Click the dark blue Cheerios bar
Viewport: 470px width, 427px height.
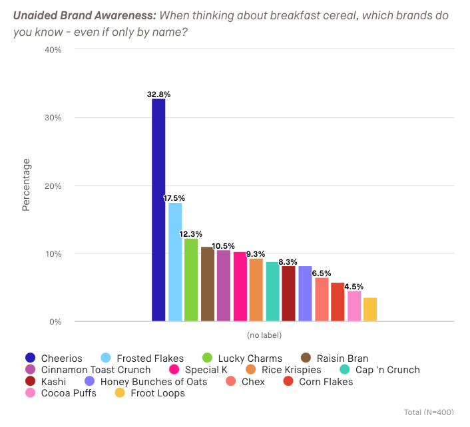[x=158, y=210]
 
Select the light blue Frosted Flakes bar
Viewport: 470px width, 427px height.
[x=175, y=262]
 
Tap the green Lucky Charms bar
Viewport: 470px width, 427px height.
[x=191, y=280]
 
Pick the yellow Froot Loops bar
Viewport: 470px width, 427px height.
[x=370, y=309]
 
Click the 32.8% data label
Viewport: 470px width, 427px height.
[x=158, y=94]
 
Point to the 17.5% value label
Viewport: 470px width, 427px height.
[x=174, y=198]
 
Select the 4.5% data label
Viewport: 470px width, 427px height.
[x=354, y=287]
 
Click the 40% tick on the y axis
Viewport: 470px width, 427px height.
[x=53, y=50]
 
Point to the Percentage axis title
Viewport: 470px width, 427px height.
[x=26, y=185]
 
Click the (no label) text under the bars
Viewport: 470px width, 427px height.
[x=264, y=335]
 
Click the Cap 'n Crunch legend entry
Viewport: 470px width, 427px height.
[x=385, y=370]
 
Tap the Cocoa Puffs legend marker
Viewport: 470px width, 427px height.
[x=30, y=392]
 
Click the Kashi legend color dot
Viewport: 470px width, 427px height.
[x=30, y=381]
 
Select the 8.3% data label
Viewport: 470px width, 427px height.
[x=288, y=262]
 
